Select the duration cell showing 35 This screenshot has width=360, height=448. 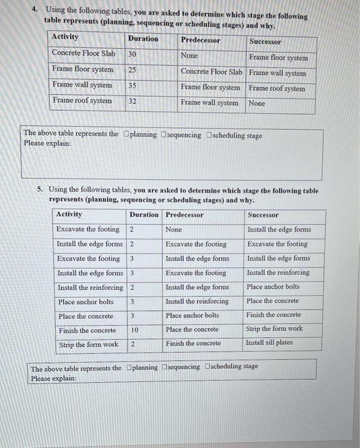pyautogui.click(x=133, y=85)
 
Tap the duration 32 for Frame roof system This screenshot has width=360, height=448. pyautogui.click(x=133, y=101)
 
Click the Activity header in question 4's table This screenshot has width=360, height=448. pyautogui.click(x=65, y=37)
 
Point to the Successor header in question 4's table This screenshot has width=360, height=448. pyautogui.click(x=265, y=41)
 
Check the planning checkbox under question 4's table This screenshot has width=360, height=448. pyautogui.click(x=127, y=134)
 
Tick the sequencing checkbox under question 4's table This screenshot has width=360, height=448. pyautogui.click(x=165, y=134)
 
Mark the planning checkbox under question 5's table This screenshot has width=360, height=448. pyautogui.click(x=130, y=367)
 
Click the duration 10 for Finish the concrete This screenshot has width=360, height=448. pyautogui.click(x=133, y=330)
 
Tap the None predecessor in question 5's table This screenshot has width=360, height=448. pyautogui.click(x=174, y=229)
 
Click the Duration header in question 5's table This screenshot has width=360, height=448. pyautogui.click(x=144, y=214)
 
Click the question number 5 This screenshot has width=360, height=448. pyautogui.click(x=40, y=189)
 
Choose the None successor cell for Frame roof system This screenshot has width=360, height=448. pyautogui.click(x=257, y=103)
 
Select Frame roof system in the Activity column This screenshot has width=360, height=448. pyautogui.click(x=82, y=100)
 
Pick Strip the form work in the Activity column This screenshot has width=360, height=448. pyautogui.click(x=88, y=344)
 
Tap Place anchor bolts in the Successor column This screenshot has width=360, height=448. pyautogui.click(x=273, y=287)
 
